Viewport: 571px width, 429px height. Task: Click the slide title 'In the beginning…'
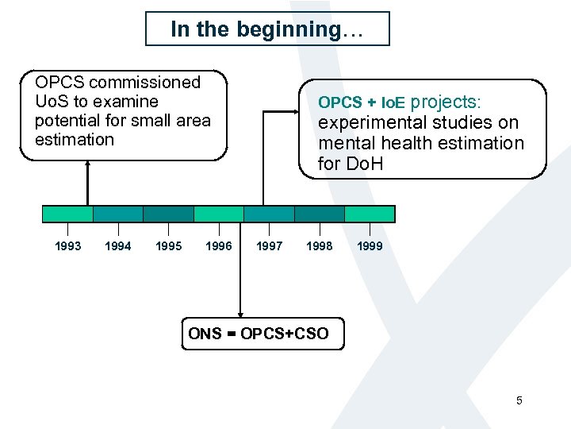tap(267, 29)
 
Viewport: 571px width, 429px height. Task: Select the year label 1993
tap(67, 246)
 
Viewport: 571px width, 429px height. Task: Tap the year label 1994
tap(118, 246)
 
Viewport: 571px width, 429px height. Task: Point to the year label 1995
tap(168, 246)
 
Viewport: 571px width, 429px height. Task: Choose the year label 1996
tap(219, 246)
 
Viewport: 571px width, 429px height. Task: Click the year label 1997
tap(269, 246)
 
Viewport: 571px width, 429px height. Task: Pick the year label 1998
tap(320, 246)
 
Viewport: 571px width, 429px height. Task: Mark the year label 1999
tap(370, 246)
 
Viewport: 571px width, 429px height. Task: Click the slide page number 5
tap(519, 400)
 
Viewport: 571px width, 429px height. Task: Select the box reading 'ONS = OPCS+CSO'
tap(259, 334)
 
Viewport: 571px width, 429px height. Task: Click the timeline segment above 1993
tap(67, 214)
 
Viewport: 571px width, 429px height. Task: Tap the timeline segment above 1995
tap(168, 214)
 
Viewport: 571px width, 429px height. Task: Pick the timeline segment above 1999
tap(370, 214)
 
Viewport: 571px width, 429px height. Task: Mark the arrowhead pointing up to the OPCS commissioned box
tap(87, 165)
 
